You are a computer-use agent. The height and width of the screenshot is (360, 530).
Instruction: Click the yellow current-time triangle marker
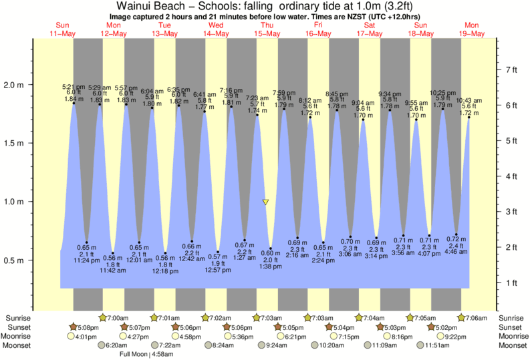point(265,202)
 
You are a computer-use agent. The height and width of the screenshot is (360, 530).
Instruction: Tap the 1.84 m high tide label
point(73,99)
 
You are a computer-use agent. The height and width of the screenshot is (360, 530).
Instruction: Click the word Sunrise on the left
point(18,318)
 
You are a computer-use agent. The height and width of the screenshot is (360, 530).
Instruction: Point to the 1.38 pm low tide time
point(271,266)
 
